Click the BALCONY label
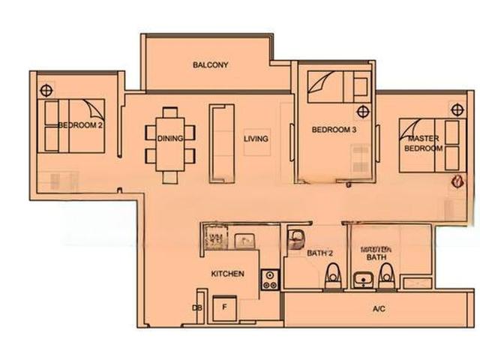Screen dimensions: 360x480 pos(210,65)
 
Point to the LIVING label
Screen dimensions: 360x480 pos(256,139)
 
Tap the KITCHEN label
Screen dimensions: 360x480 pos(227,274)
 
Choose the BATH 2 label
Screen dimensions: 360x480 pos(319,253)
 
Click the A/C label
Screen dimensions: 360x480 pos(379,309)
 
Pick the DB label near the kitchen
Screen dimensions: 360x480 pos(197,308)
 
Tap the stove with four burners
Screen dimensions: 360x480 pos(269,280)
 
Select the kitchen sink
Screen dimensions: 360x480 pos(244,240)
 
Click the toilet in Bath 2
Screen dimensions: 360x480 pos(331,278)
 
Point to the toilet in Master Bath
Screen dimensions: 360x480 pos(385,279)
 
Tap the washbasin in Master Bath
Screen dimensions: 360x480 pos(362,280)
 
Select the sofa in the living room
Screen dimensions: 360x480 pos(221,142)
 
